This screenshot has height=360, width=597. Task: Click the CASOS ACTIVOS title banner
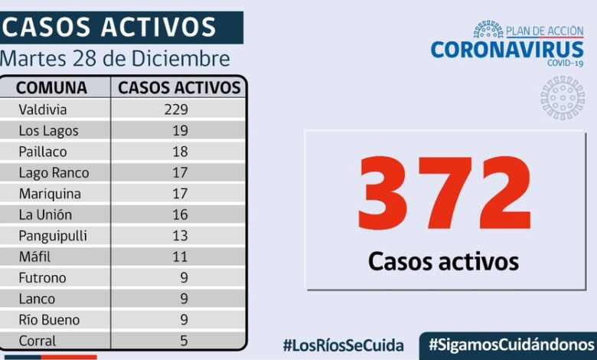coord(111,28)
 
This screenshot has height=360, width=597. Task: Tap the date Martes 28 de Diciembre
coord(115,59)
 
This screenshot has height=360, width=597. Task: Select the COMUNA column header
coord(51,87)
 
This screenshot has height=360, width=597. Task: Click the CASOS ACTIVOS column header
coord(179,87)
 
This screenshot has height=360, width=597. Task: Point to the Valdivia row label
coord(42,110)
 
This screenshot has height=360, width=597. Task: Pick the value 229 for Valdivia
coord(175,110)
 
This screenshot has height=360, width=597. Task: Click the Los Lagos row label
coord(48,131)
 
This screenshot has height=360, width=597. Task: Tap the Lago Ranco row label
coord(54,173)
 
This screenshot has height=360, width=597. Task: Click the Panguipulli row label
coord(53,236)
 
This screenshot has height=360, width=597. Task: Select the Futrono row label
coord(42,278)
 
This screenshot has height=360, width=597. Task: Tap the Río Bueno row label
coord(49,320)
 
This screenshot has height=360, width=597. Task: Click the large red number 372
coord(443,195)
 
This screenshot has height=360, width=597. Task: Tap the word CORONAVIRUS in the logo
coord(507,50)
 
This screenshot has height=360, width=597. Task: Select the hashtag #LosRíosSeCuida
coord(343,345)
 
